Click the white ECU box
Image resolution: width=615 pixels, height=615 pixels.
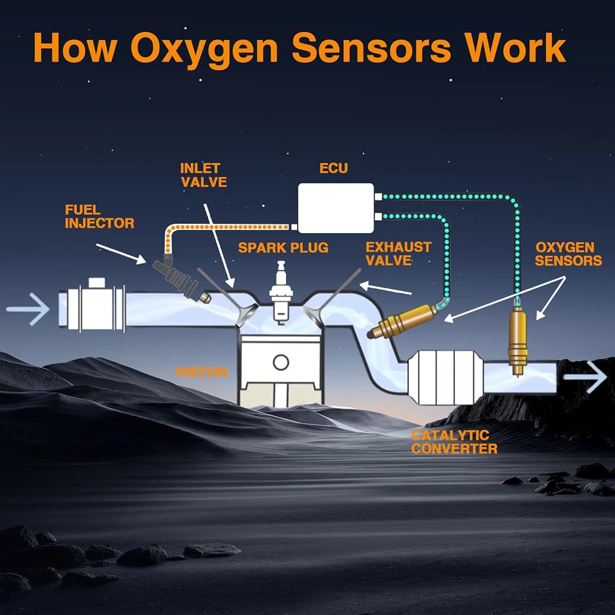click(x=336, y=208)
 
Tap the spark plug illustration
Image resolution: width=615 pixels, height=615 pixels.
click(x=281, y=292)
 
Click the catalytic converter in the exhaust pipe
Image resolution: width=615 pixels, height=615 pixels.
click(x=445, y=377)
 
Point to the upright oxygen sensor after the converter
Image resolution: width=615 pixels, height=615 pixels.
click(x=518, y=336)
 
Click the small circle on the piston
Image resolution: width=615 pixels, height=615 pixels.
click(x=281, y=362)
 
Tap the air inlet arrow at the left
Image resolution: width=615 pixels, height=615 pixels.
click(x=28, y=309)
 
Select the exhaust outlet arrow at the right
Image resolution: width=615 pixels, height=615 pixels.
click(x=585, y=377)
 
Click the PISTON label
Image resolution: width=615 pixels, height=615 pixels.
click(x=202, y=372)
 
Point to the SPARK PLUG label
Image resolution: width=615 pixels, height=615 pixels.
click(x=283, y=248)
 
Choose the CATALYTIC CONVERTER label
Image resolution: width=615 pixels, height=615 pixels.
click(x=454, y=442)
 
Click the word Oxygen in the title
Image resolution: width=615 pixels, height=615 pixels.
click(x=204, y=49)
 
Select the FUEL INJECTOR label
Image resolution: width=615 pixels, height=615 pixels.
click(x=100, y=216)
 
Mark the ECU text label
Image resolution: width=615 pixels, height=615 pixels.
click(x=334, y=169)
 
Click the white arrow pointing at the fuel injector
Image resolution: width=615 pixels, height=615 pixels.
click(x=121, y=254)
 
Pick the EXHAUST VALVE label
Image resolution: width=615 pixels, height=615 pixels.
click(x=399, y=254)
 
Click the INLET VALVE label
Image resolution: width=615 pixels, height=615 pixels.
click(x=204, y=175)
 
